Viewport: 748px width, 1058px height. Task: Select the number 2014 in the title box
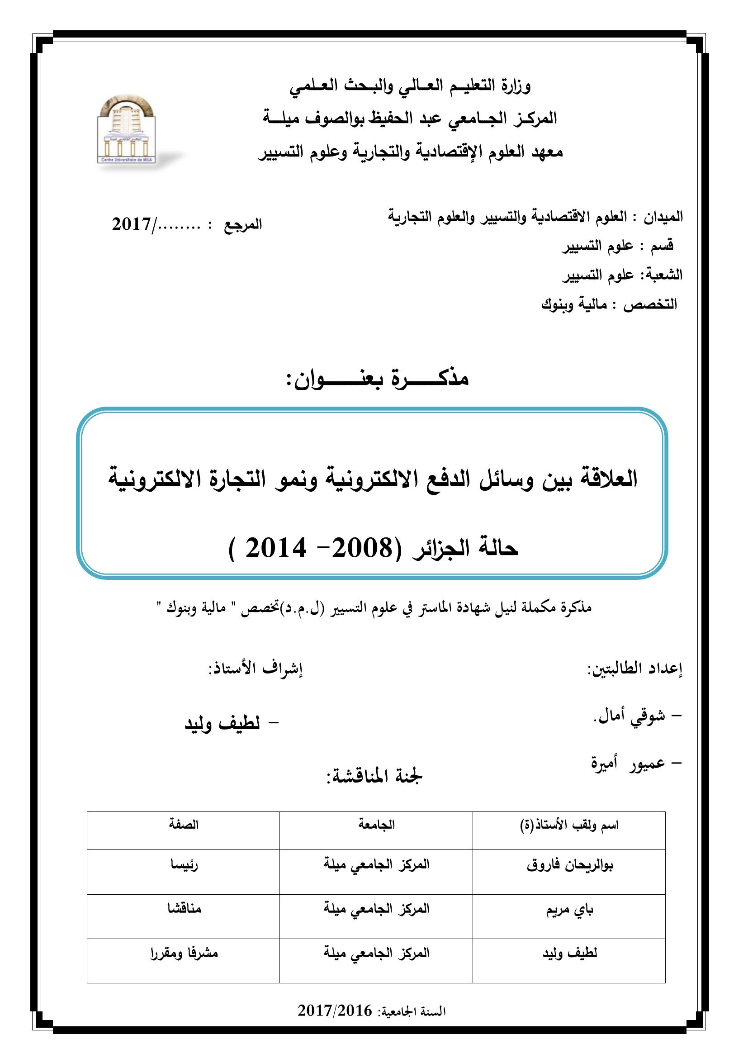pos(276,548)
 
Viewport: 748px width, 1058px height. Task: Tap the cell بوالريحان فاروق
pos(570,865)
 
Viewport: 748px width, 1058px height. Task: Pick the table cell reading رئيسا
pos(184,865)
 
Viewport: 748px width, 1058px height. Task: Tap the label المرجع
pos(243,225)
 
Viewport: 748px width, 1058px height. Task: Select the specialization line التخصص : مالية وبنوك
pos(609,304)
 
